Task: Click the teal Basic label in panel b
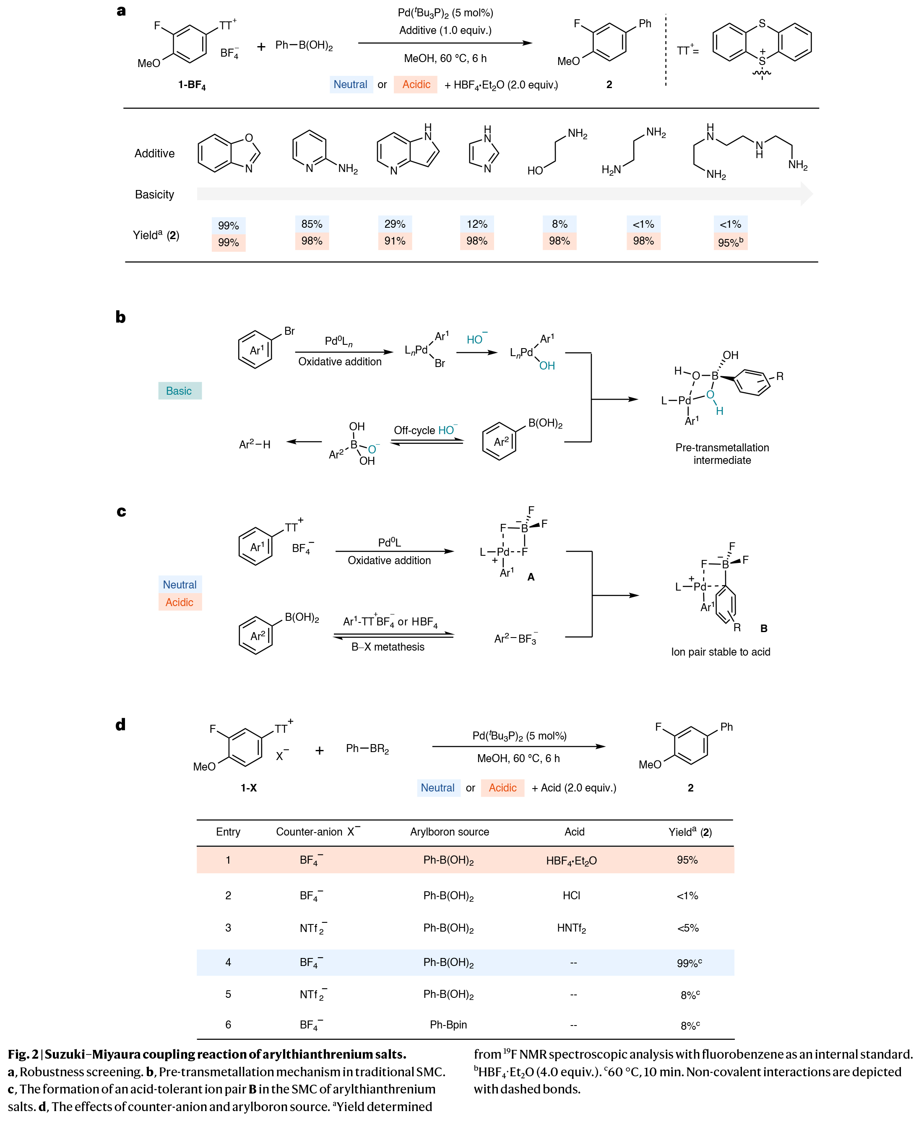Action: [x=180, y=390]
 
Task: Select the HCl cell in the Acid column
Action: [x=571, y=895]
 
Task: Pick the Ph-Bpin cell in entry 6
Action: [x=448, y=1024]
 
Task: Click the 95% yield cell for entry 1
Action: [x=687, y=859]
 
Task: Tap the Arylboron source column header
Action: [x=449, y=831]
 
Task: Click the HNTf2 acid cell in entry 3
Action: [x=571, y=928]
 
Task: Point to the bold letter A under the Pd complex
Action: [x=531, y=576]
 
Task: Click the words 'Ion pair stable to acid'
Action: [x=720, y=651]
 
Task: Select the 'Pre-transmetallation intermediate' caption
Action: [x=722, y=453]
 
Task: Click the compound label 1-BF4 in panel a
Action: [x=192, y=85]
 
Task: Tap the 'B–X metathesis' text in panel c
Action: [x=388, y=647]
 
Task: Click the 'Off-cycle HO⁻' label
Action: [x=425, y=430]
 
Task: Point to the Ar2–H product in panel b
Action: [x=255, y=444]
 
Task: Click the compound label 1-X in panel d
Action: [x=249, y=788]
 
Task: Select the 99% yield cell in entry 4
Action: [x=689, y=962]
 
